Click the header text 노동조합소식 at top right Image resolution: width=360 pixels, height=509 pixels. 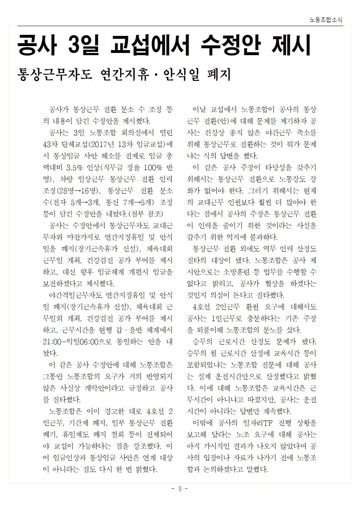326,20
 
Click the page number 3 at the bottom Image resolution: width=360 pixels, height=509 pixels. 180,489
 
